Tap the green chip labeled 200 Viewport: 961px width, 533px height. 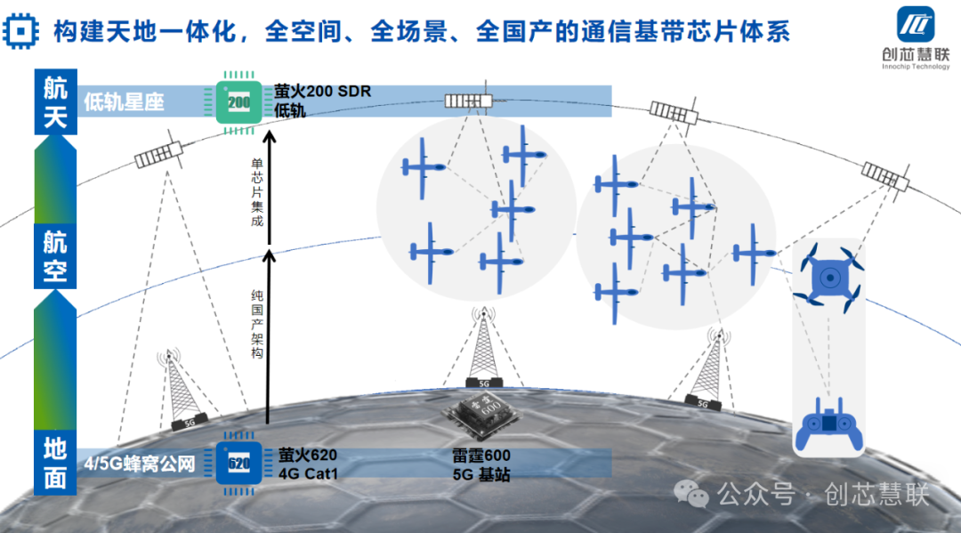click(238, 102)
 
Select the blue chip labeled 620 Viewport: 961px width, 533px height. click(238, 463)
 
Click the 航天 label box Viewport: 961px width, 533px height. click(55, 102)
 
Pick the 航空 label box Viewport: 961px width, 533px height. click(55, 256)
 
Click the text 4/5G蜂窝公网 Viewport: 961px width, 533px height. click(140, 464)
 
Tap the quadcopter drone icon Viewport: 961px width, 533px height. click(829, 279)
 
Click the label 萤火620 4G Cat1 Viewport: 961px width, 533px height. click(308, 464)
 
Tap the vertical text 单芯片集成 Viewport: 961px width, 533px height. click(256, 192)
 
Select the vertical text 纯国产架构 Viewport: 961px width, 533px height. click(256, 324)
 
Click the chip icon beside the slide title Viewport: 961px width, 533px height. click(20, 33)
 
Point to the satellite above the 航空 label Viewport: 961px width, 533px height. click(157, 159)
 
